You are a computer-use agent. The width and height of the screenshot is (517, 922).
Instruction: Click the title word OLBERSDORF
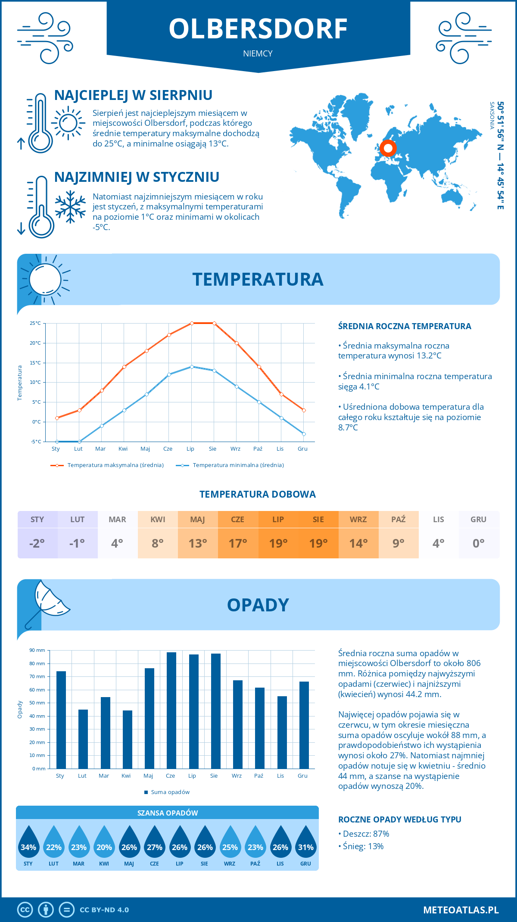coord(258,29)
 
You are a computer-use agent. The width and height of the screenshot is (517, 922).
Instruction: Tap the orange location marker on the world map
coord(388,148)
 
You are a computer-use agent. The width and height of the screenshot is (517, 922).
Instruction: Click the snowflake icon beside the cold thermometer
coord(70,207)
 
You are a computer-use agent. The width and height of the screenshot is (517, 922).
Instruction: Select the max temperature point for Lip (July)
coord(192,323)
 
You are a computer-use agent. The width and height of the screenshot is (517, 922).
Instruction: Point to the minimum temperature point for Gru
coord(304,434)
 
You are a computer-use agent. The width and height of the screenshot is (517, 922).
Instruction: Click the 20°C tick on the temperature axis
coord(35,343)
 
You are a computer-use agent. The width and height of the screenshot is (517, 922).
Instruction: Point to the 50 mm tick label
coord(37,703)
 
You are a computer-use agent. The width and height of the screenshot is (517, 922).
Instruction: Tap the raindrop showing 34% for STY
coord(28,843)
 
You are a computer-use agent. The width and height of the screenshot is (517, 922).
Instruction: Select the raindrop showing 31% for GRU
coord(306,843)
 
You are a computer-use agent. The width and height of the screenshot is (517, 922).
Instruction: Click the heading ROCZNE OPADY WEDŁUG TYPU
coord(399,819)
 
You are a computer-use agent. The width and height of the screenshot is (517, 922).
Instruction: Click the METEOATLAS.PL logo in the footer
coord(461,910)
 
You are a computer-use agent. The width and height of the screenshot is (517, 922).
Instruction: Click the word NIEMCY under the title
coord(258,53)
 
